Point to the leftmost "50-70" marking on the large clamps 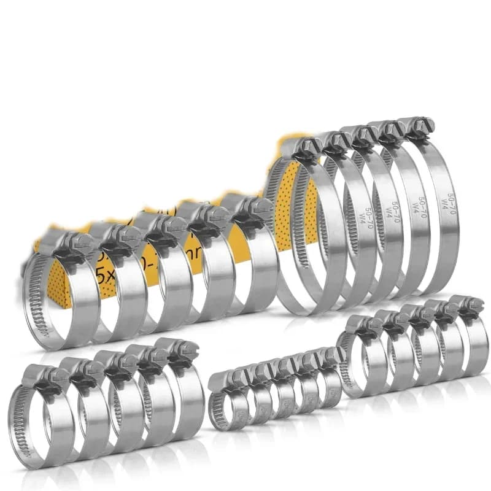pos(369,215)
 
